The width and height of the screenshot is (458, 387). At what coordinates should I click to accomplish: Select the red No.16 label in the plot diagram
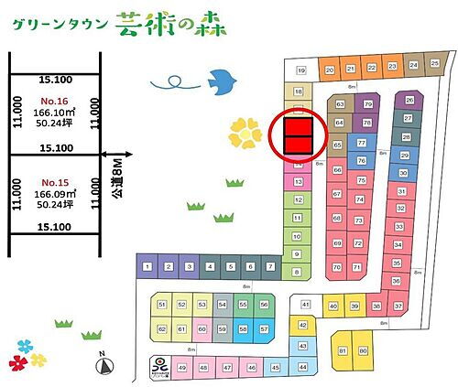click(56, 100)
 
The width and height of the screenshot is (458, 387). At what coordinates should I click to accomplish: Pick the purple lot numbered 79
click(368, 105)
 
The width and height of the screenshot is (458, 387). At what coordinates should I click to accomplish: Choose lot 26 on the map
click(409, 100)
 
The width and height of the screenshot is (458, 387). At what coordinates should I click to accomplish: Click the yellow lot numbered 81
click(343, 350)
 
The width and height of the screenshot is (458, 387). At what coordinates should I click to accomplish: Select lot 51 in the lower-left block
click(162, 305)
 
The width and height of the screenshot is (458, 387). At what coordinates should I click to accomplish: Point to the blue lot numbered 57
click(265, 328)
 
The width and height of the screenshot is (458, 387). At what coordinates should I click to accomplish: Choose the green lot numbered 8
click(297, 272)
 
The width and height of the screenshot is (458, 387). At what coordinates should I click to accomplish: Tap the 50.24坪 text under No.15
click(56, 206)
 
